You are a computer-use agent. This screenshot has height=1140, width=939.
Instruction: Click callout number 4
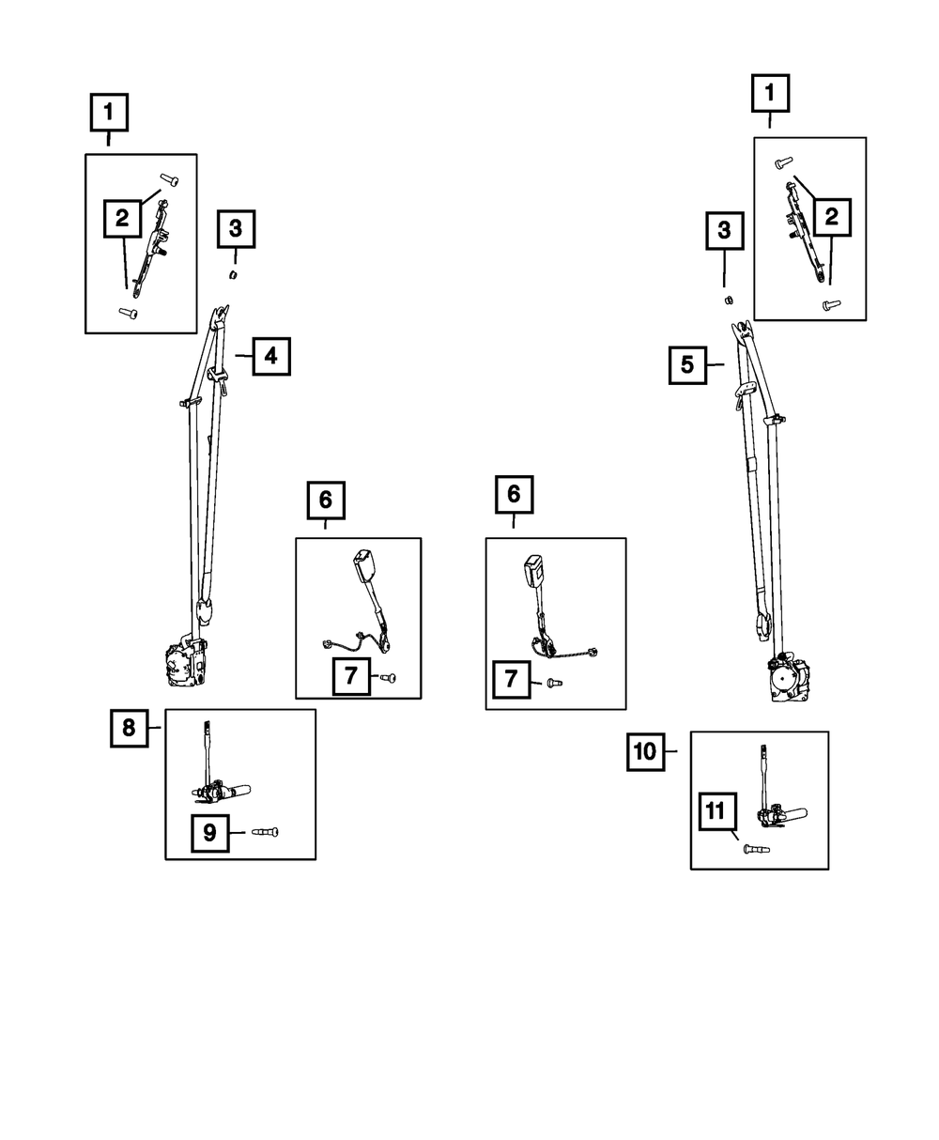[x=270, y=356]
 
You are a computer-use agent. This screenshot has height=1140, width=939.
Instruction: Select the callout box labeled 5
[x=687, y=364]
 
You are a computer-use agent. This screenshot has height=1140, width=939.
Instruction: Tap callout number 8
[x=129, y=727]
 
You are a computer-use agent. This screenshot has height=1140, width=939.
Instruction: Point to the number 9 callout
[x=209, y=833]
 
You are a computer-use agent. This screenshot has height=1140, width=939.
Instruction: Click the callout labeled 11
[x=716, y=810]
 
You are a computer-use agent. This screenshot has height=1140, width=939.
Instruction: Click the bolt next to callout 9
[x=266, y=832]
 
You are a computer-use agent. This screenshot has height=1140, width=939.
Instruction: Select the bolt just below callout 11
[x=756, y=850]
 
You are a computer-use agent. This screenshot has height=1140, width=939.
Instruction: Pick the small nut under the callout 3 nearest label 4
[x=235, y=274]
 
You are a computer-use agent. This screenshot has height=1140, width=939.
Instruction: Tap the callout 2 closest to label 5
[x=831, y=218]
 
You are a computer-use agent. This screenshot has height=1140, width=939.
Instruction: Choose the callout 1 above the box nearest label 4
[x=109, y=114]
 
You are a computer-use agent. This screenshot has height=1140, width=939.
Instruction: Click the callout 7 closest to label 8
[x=349, y=676]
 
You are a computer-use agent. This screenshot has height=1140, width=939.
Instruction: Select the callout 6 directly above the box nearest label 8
[x=326, y=500]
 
